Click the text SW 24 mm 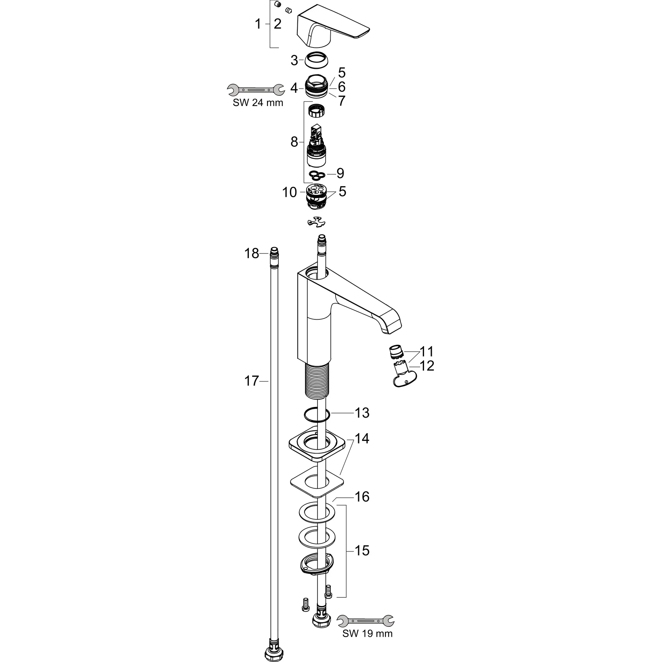258,102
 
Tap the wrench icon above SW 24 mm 256,90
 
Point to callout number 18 251,253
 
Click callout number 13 361,413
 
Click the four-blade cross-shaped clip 316,223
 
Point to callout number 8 294,142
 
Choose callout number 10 290,193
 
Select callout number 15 362,551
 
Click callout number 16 362,497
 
